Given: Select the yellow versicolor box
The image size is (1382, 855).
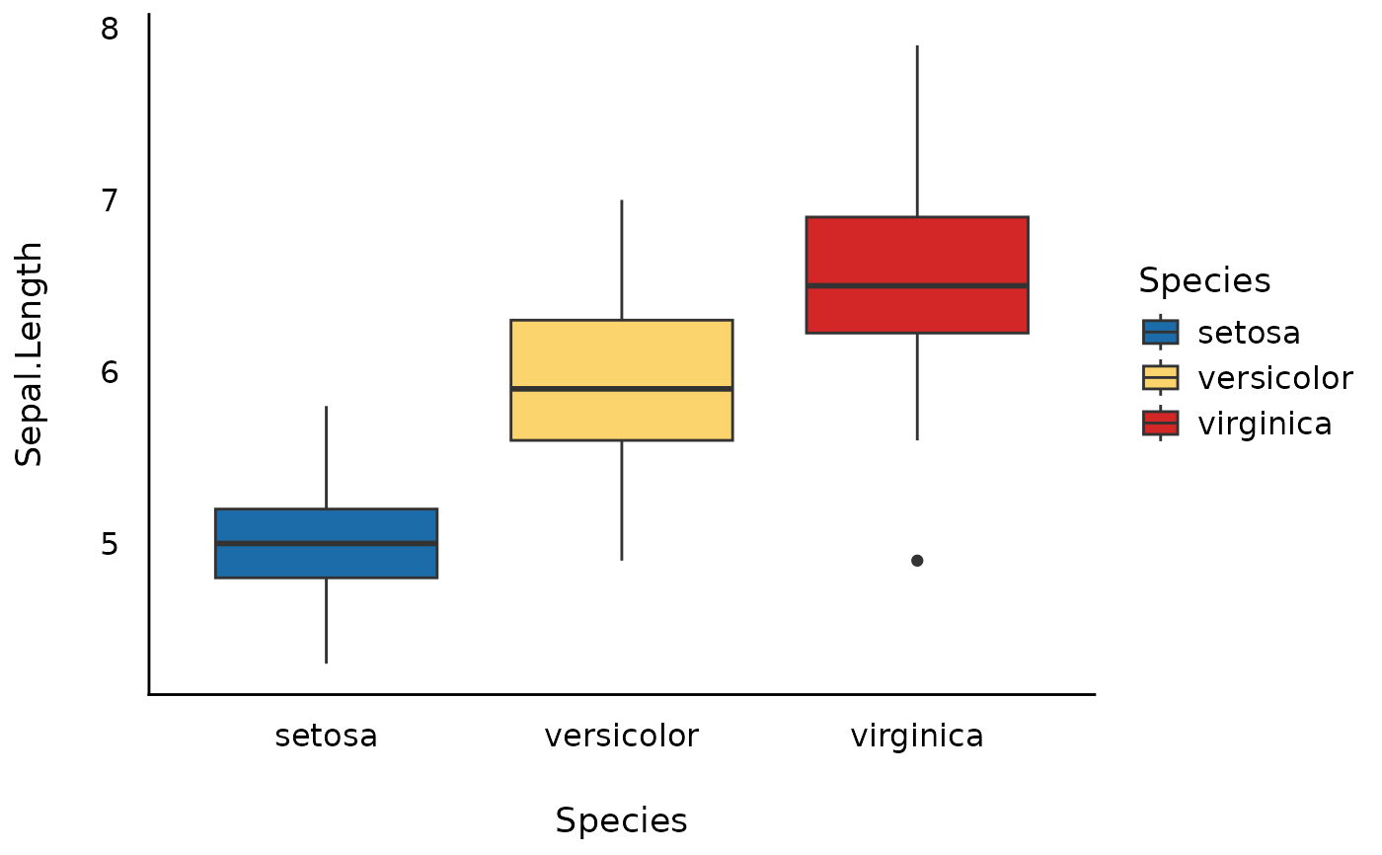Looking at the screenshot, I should pos(621,355).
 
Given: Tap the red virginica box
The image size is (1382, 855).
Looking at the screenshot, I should pos(917,252).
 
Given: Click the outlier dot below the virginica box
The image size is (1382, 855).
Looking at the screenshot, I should pos(917,561).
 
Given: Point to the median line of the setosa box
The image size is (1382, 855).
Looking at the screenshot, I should pos(326,543).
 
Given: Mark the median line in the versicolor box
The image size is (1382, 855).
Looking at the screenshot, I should pos(621,389).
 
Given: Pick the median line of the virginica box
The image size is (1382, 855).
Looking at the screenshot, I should pos(917,285).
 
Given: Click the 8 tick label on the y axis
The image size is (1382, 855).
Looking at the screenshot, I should pos(110,29).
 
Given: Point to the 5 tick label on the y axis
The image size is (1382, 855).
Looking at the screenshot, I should pos(110,544).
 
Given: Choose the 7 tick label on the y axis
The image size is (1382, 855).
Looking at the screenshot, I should pos(110,200).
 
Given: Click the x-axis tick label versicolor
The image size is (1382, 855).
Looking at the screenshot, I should pos(621,736).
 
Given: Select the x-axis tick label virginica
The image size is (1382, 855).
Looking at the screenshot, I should pos(917,736).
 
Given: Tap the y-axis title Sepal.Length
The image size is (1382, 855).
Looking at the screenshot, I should pos(31,353).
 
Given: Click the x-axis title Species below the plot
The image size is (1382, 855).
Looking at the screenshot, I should pos(621,820).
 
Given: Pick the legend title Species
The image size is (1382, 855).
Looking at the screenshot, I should pos(1204,281).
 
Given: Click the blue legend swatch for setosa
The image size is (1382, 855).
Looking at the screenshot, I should pos(1160,332).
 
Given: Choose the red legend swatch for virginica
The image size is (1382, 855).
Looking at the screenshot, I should pos(1160,424).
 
